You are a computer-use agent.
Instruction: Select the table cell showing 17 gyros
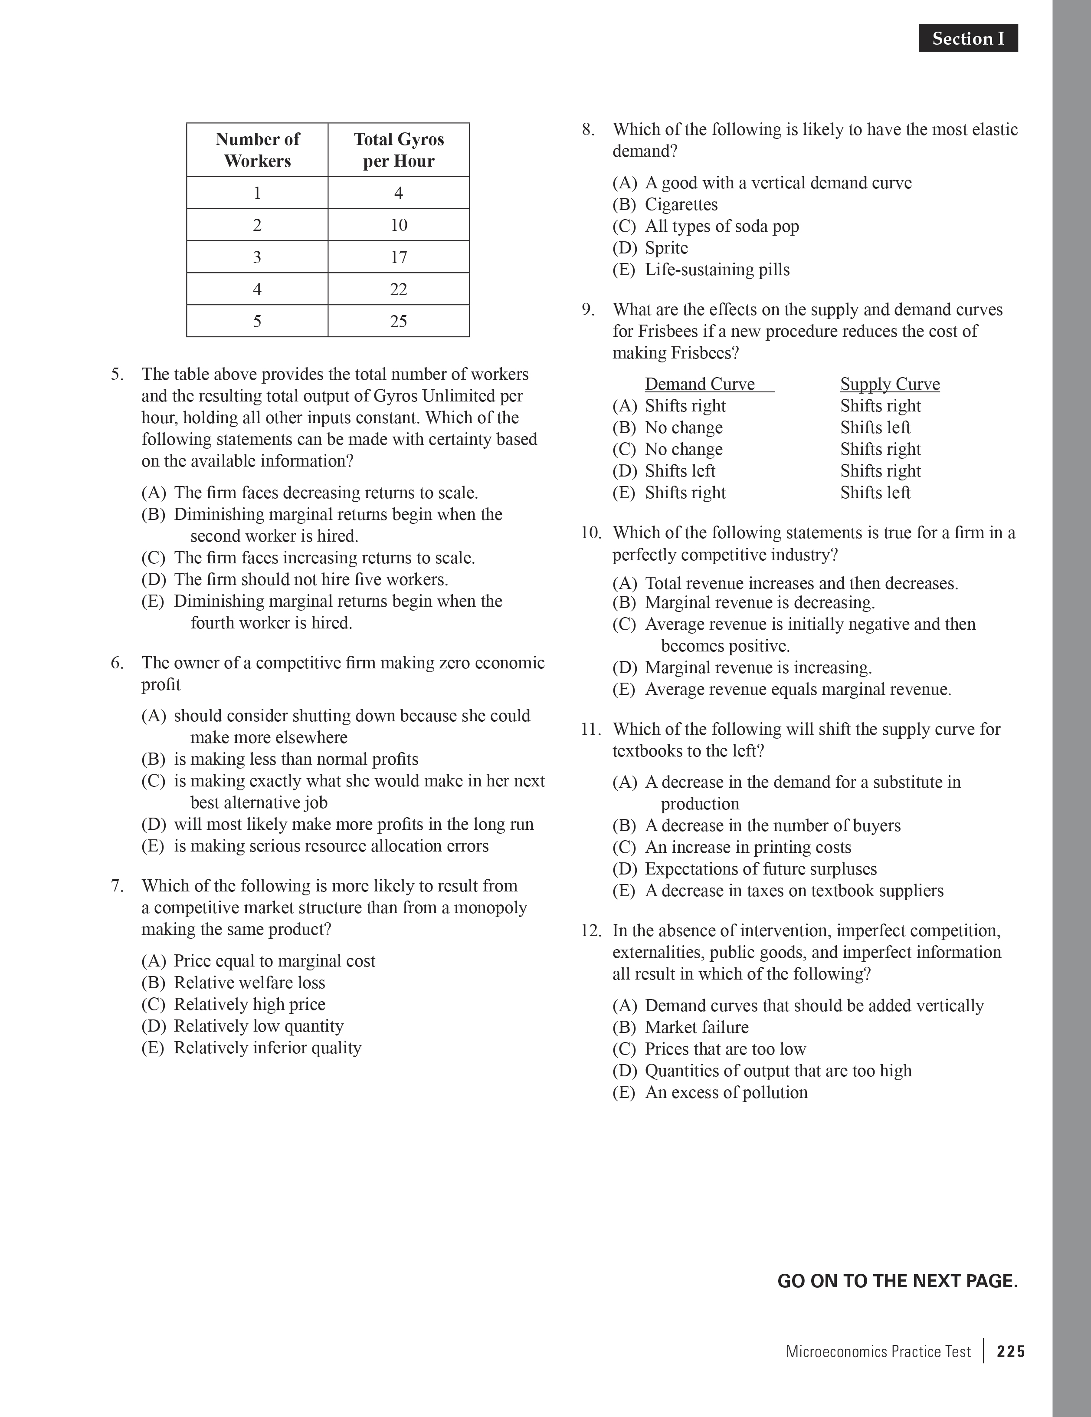click(x=398, y=257)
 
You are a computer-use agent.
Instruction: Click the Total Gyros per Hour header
click(x=398, y=150)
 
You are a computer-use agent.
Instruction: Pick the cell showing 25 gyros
click(x=398, y=321)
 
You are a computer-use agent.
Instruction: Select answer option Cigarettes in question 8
click(x=681, y=204)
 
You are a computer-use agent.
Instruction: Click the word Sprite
click(x=666, y=248)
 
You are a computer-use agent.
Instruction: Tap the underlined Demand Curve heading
click(x=700, y=384)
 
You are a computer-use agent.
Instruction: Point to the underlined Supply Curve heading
click(x=889, y=384)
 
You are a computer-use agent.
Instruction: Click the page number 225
click(x=1011, y=1351)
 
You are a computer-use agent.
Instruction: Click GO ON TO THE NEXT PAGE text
click(x=897, y=1281)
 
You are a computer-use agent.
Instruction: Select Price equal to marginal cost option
click(x=274, y=961)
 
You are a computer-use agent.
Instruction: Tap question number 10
click(x=590, y=533)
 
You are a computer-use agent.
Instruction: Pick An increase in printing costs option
click(x=747, y=847)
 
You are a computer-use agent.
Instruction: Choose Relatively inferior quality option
click(x=267, y=1048)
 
